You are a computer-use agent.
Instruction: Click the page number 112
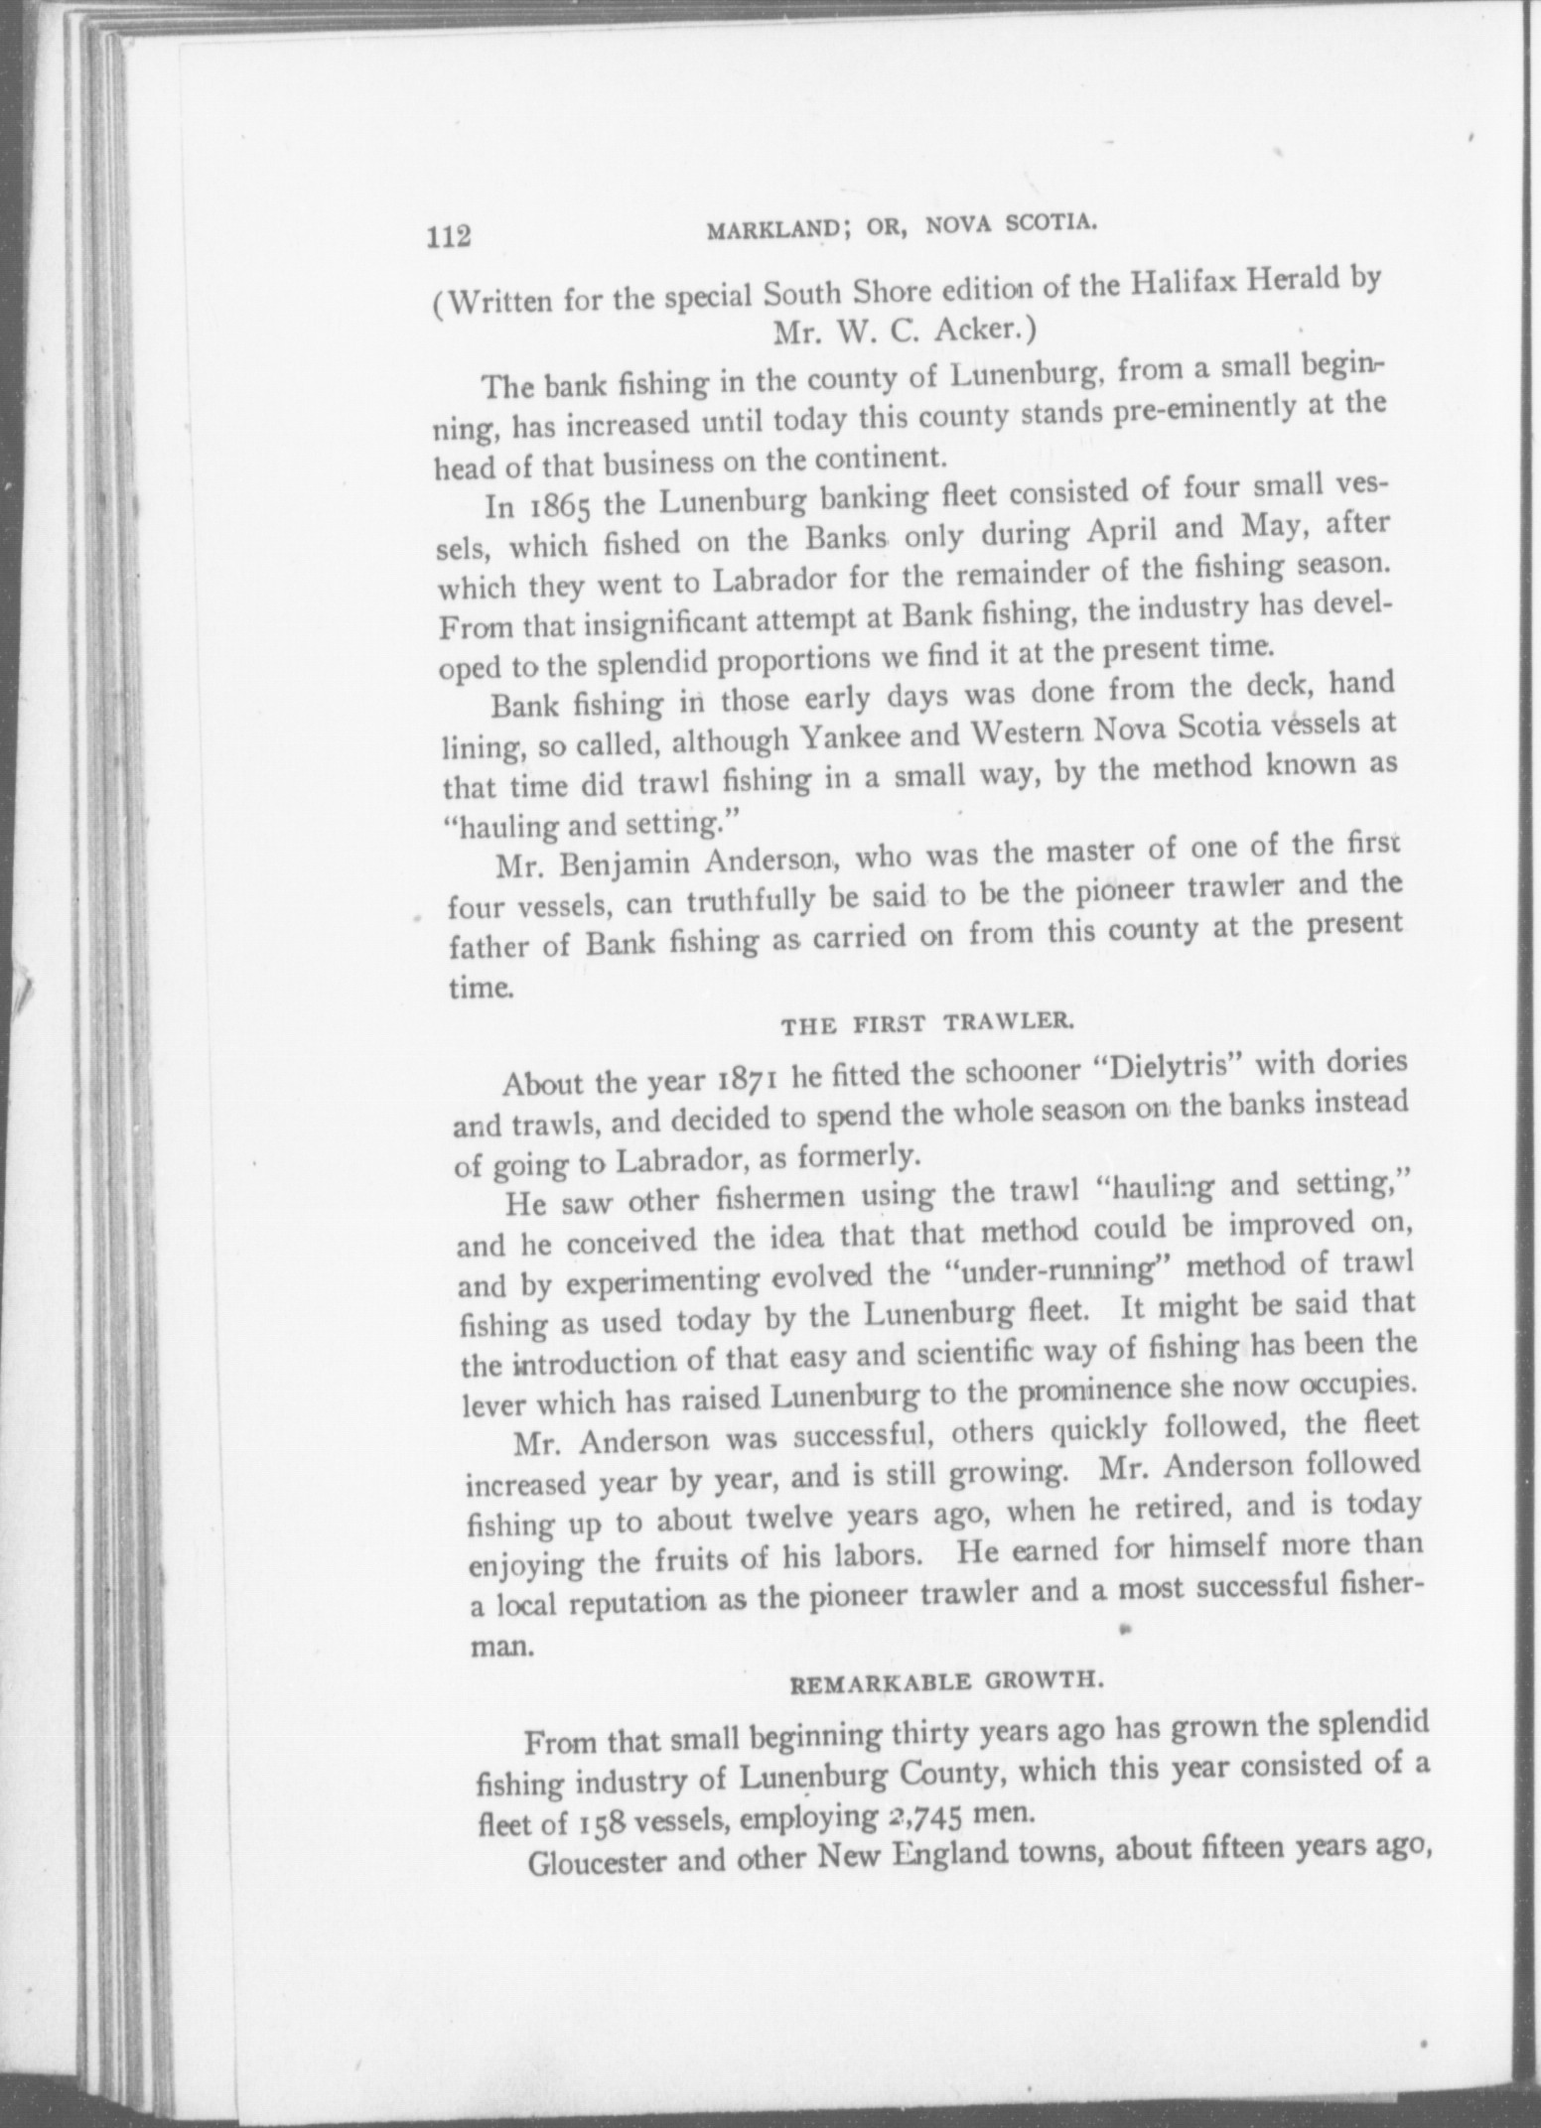448,238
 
